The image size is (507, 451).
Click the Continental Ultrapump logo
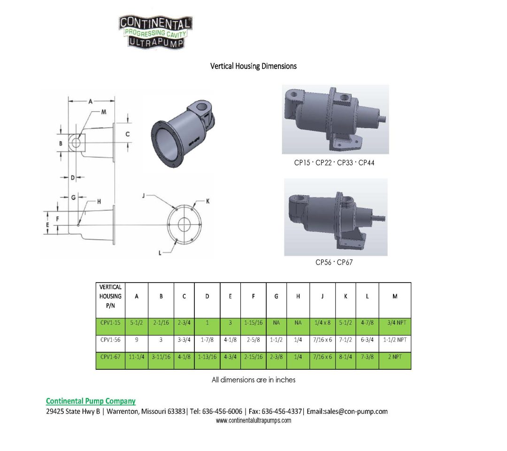click(155, 32)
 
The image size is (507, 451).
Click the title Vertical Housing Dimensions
click(253, 66)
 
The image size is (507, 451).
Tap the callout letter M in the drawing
click(104, 112)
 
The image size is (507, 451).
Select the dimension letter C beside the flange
click(127, 134)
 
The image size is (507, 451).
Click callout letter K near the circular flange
click(207, 201)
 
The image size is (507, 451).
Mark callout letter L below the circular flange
click(161, 252)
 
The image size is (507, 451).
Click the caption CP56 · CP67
click(334, 262)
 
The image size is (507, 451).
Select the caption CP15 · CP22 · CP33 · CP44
click(334, 163)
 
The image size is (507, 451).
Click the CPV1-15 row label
click(110, 323)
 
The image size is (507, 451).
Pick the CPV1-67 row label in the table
click(110, 357)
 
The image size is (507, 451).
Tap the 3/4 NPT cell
click(394, 323)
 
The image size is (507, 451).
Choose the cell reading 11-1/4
click(137, 357)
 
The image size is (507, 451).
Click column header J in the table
click(323, 296)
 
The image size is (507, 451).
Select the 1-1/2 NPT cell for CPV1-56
click(394, 340)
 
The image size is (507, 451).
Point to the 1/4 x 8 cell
click(323, 323)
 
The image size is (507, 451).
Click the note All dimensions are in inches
click(253, 380)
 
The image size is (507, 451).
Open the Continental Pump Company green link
click(91, 401)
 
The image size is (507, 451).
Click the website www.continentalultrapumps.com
click(253, 420)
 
